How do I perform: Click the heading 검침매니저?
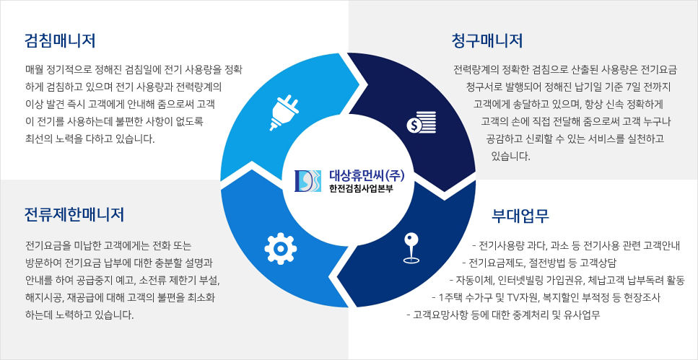[60, 39]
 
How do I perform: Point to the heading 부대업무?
[520, 214]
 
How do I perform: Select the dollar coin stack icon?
[422, 122]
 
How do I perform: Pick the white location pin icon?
[411, 247]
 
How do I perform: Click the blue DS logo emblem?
[307, 181]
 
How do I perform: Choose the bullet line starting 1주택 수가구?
[546, 297]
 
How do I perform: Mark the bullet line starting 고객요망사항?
[503, 315]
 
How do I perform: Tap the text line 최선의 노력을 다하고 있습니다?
[90, 138]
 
